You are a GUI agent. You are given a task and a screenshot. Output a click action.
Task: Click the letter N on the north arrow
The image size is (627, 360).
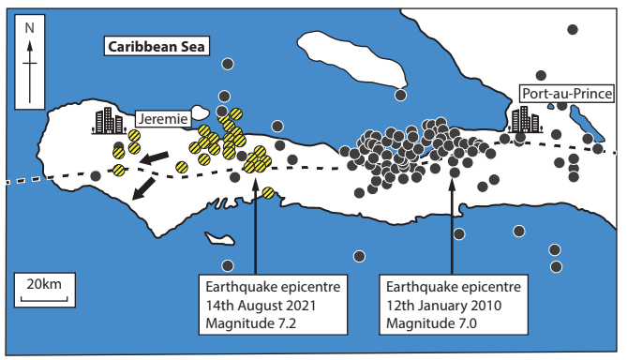pyautogui.click(x=30, y=28)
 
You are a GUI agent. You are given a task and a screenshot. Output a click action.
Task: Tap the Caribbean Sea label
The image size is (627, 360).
pyautogui.click(x=157, y=46)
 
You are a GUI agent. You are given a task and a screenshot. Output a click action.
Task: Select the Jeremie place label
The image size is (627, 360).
pyautogui.click(x=163, y=119)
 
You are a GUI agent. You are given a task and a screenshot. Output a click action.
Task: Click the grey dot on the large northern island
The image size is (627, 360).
pyautogui.click(x=400, y=95)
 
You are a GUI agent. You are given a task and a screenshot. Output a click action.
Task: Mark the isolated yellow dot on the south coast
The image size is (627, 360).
pyautogui.click(x=268, y=193)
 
